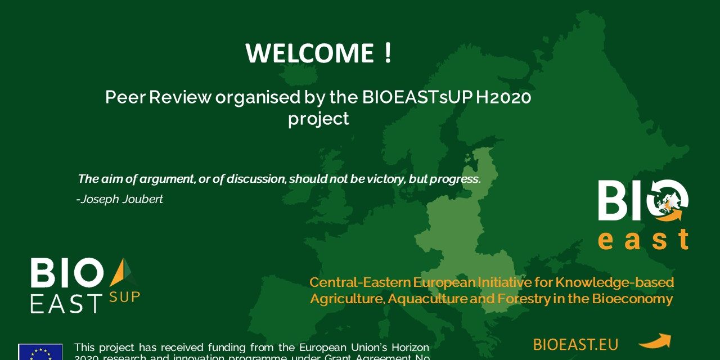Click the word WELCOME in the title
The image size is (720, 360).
coord(309,53)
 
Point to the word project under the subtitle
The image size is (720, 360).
coord(318,119)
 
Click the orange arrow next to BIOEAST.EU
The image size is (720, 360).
coord(654,341)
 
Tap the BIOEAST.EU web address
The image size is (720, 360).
coord(575,344)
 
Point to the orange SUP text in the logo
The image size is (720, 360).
coord(124,296)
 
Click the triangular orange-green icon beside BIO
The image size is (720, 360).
coord(123,272)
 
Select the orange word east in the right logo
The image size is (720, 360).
coord(643,240)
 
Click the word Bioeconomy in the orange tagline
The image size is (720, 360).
coord(632,299)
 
